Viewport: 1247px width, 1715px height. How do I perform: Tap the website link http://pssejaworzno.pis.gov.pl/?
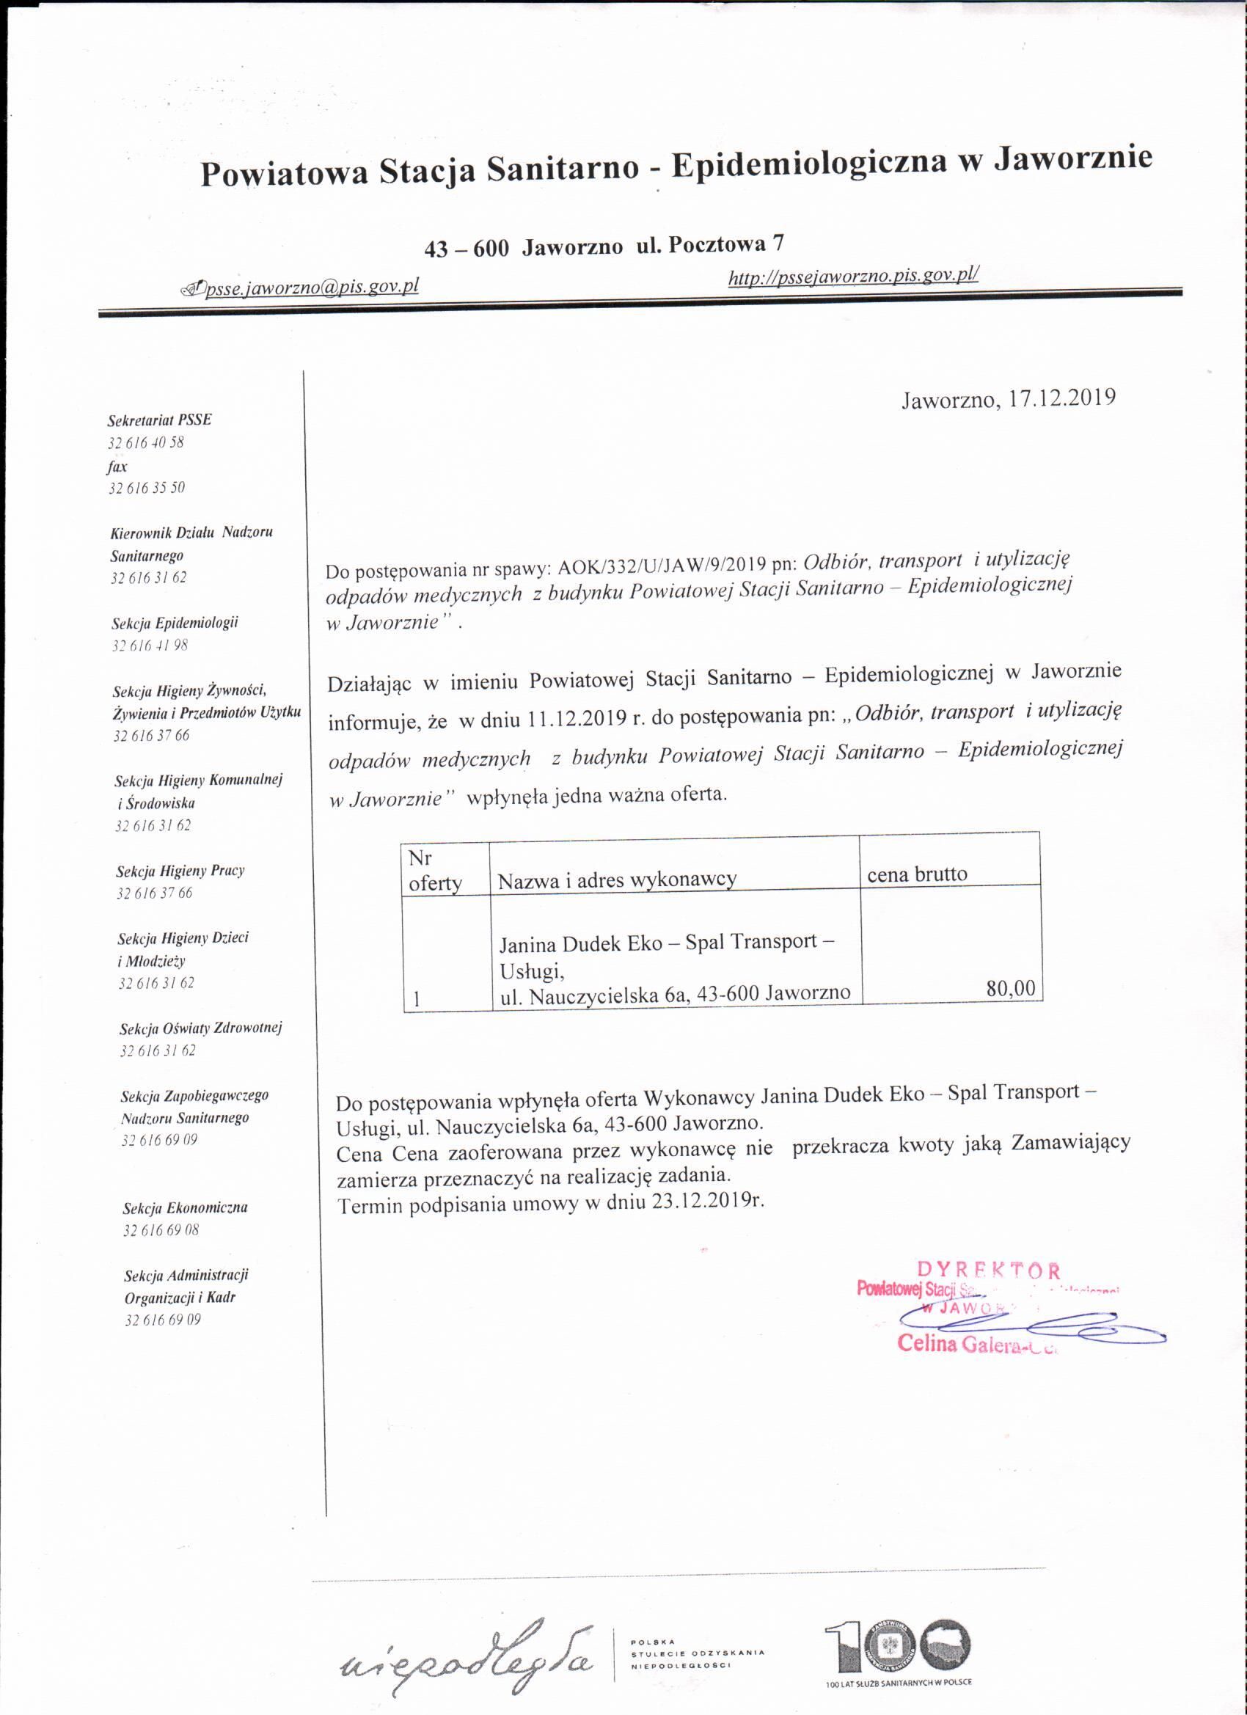coord(853,277)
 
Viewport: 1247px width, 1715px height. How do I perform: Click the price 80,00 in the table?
coord(1010,987)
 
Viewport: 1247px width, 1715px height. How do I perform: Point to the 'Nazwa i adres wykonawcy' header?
coord(616,880)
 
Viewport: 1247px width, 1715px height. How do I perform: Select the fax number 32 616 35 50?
coord(147,488)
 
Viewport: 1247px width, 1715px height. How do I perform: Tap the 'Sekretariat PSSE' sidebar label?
coord(160,420)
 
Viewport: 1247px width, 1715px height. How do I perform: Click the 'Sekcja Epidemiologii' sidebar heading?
coord(175,623)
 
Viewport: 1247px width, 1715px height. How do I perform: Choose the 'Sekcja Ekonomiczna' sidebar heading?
coord(186,1207)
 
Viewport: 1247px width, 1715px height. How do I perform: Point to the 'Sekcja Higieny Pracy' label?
coord(180,871)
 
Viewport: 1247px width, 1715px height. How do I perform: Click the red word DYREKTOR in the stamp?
coord(988,1270)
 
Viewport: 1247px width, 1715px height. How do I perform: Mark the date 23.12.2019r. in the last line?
coord(707,1202)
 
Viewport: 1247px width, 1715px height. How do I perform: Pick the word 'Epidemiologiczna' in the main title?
coord(808,164)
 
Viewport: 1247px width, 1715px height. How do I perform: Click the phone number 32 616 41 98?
coord(150,645)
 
